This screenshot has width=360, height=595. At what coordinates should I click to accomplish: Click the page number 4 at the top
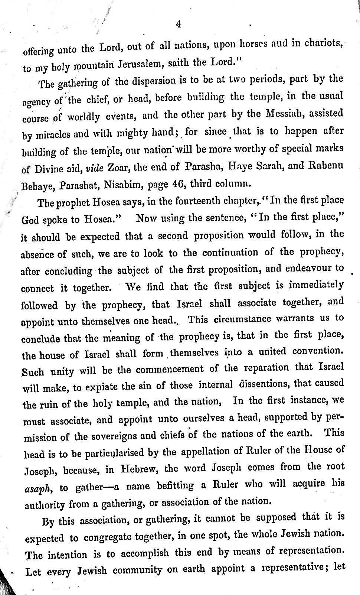[179, 24]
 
